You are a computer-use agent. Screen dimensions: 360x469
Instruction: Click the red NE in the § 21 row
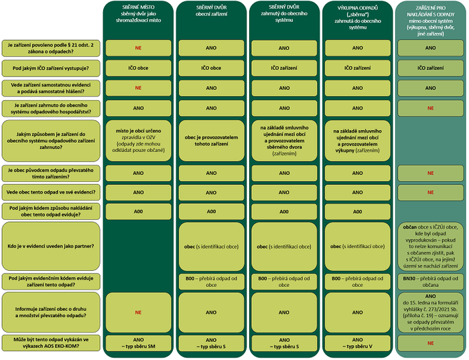[138, 48]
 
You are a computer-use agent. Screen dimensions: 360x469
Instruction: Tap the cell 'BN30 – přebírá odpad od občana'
[430, 280]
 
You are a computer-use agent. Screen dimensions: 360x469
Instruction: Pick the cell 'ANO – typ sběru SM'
[138, 344]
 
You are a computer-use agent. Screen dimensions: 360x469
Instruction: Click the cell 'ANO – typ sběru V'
[357, 344]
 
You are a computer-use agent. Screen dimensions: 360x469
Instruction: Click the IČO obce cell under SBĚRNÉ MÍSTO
[138, 68]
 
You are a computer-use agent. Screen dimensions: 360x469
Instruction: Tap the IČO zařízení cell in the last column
[430, 68]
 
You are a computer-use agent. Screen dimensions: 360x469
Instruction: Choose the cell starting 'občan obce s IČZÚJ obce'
[430, 247]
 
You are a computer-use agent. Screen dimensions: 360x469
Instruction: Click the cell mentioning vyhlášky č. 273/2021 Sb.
[430, 312]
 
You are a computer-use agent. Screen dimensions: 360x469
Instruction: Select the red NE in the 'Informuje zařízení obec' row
[138, 312]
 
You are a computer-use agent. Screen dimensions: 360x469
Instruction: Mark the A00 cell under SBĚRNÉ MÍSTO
[138, 211]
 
